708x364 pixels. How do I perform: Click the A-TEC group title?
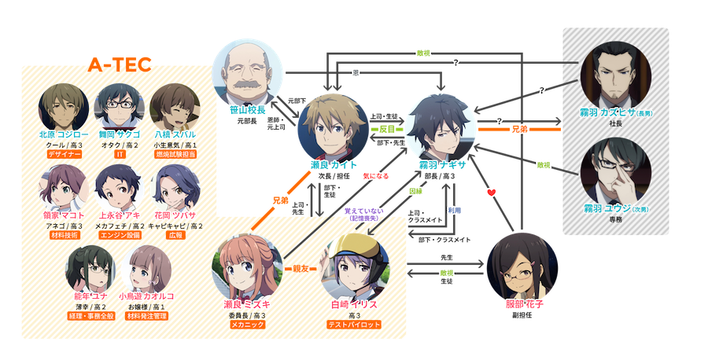click(x=120, y=64)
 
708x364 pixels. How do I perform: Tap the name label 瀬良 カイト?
click(x=334, y=165)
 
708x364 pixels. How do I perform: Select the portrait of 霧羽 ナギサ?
click(x=441, y=126)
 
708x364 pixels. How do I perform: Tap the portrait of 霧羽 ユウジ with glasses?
click(x=613, y=170)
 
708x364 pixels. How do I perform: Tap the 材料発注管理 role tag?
click(x=143, y=316)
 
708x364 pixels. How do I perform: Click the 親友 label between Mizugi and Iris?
click(x=300, y=268)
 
